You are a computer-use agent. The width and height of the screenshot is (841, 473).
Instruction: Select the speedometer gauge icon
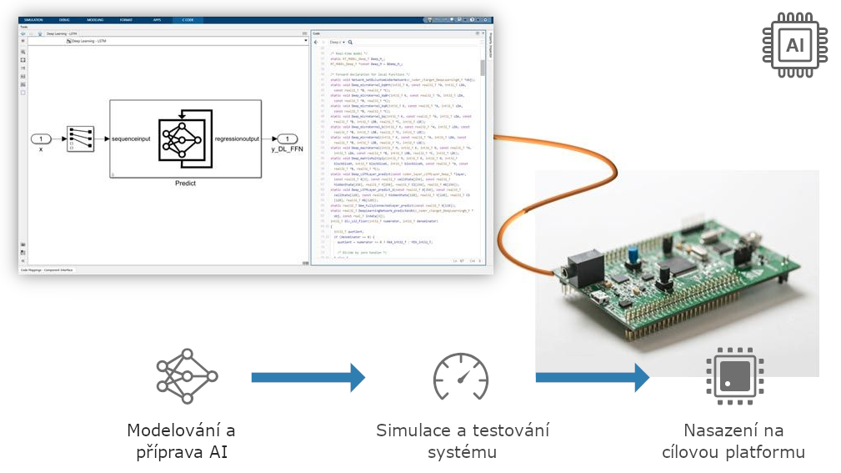point(460,377)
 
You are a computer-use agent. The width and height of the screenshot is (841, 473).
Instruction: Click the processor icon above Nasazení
point(733,376)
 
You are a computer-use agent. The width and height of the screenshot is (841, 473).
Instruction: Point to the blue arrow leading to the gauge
point(308,377)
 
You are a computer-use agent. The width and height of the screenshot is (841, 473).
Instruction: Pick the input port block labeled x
point(41,138)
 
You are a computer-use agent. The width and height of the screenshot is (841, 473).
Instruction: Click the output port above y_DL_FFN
point(287,138)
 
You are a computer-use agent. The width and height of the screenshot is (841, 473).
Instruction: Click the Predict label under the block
point(186,182)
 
